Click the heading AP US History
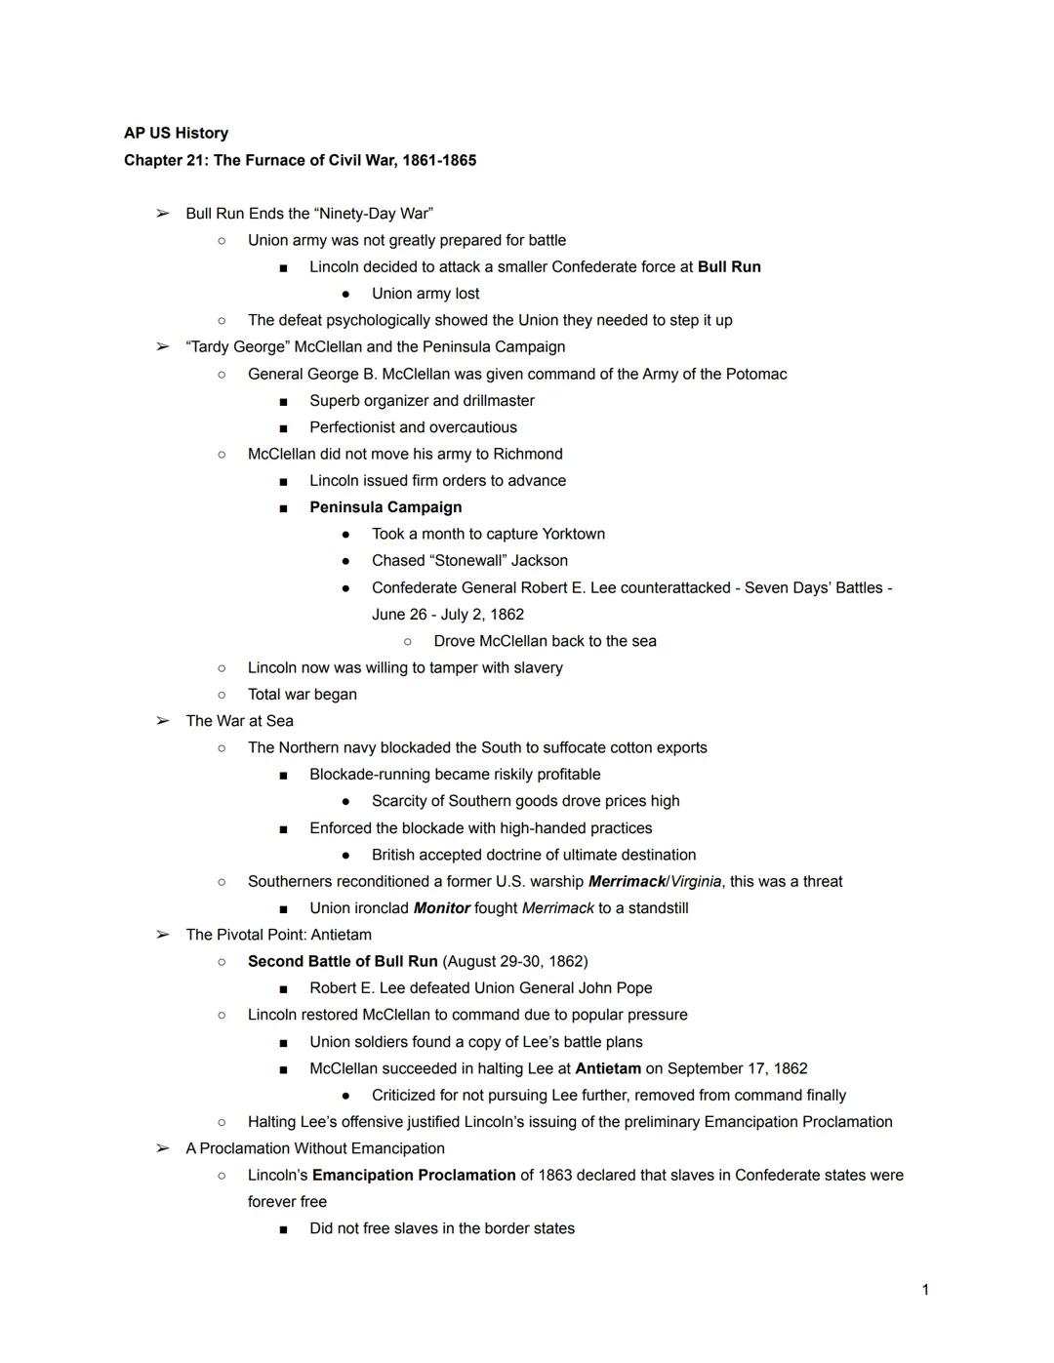tap(176, 134)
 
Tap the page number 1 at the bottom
tap(925, 1290)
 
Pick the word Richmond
tap(528, 454)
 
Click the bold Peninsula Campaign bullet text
tap(385, 507)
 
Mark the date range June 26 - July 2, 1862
tap(448, 615)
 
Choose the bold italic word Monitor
tap(441, 908)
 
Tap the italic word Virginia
tap(696, 881)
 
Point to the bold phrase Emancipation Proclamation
tap(414, 1175)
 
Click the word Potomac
tap(756, 374)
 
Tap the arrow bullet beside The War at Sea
tap(163, 721)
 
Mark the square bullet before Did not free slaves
tap(283, 1229)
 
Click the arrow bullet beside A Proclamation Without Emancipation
tap(163, 1148)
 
